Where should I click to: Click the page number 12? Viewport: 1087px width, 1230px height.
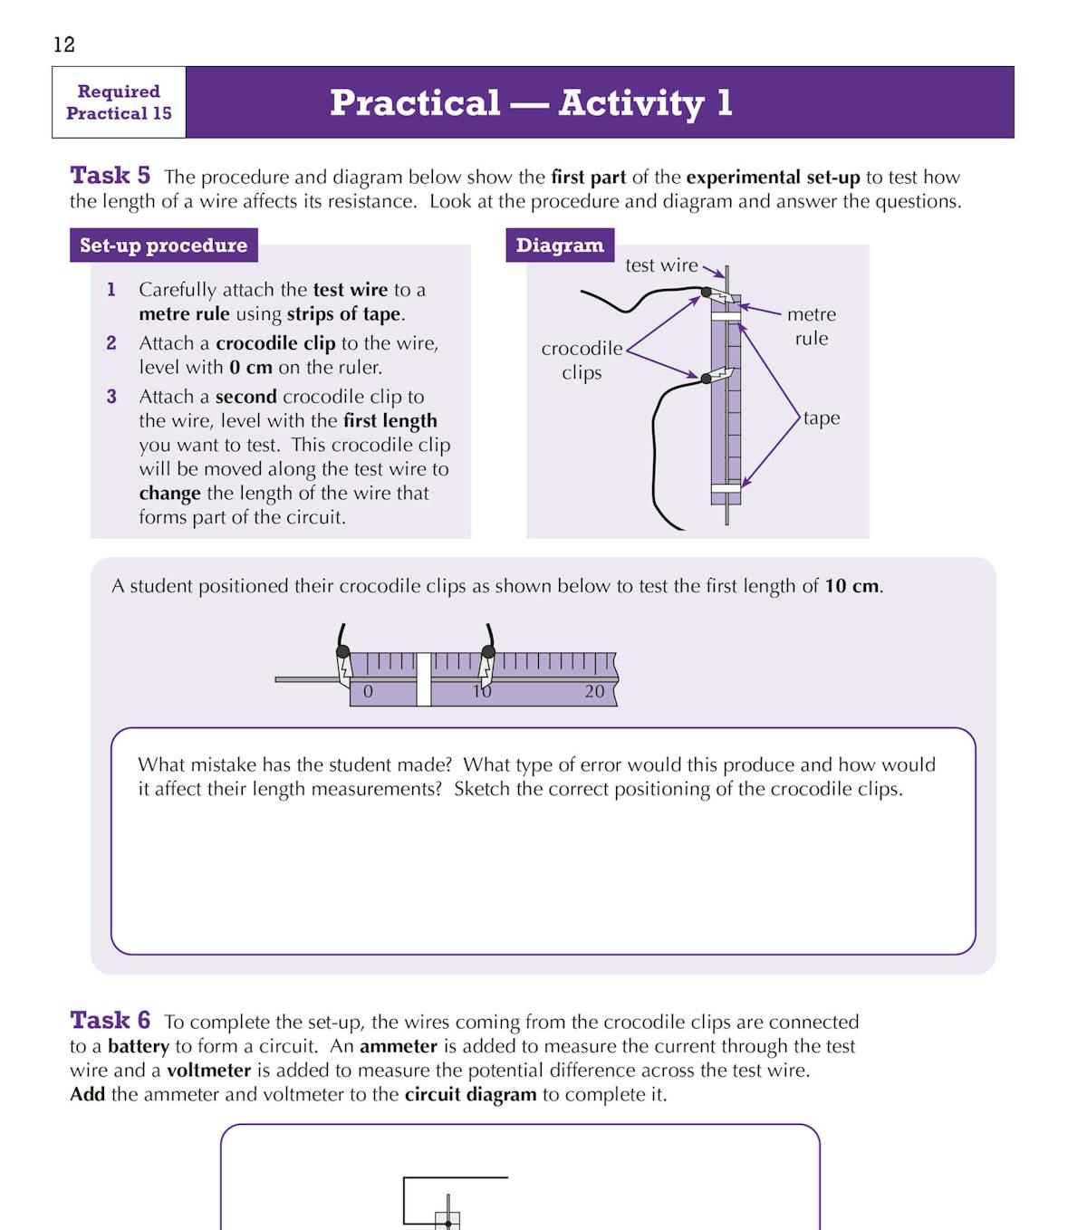coord(64,44)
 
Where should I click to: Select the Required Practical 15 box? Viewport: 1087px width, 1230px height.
coord(119,102)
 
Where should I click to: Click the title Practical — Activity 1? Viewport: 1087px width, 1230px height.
coord(531,102)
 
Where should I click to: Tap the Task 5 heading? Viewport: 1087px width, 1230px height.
coord(110,175)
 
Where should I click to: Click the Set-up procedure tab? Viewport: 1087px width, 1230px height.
coord(163,245)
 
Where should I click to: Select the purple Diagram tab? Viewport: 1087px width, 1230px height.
coord(559,245)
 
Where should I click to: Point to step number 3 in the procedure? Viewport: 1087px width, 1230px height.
coord(111,397)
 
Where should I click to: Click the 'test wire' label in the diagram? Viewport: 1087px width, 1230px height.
coord(661,265)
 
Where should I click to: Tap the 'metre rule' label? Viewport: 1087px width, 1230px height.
coord(811,326)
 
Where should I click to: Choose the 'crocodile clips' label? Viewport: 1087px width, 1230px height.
coord(582,360)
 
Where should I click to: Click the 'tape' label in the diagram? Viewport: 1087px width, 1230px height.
coord(821,418)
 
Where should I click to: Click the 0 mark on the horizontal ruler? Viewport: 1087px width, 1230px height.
coord(368,692)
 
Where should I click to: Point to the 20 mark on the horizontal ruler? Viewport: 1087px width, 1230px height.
coord(594,692)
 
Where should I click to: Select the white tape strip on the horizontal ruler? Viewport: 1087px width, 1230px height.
coord(423,679)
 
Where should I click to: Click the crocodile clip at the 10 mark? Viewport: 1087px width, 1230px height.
coord(486,663)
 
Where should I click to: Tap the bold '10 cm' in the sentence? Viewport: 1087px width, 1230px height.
coord(851,586)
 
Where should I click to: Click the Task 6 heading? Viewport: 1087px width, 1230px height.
coord(110,1020)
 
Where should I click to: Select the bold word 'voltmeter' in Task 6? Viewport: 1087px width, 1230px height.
coord(208,1071)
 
